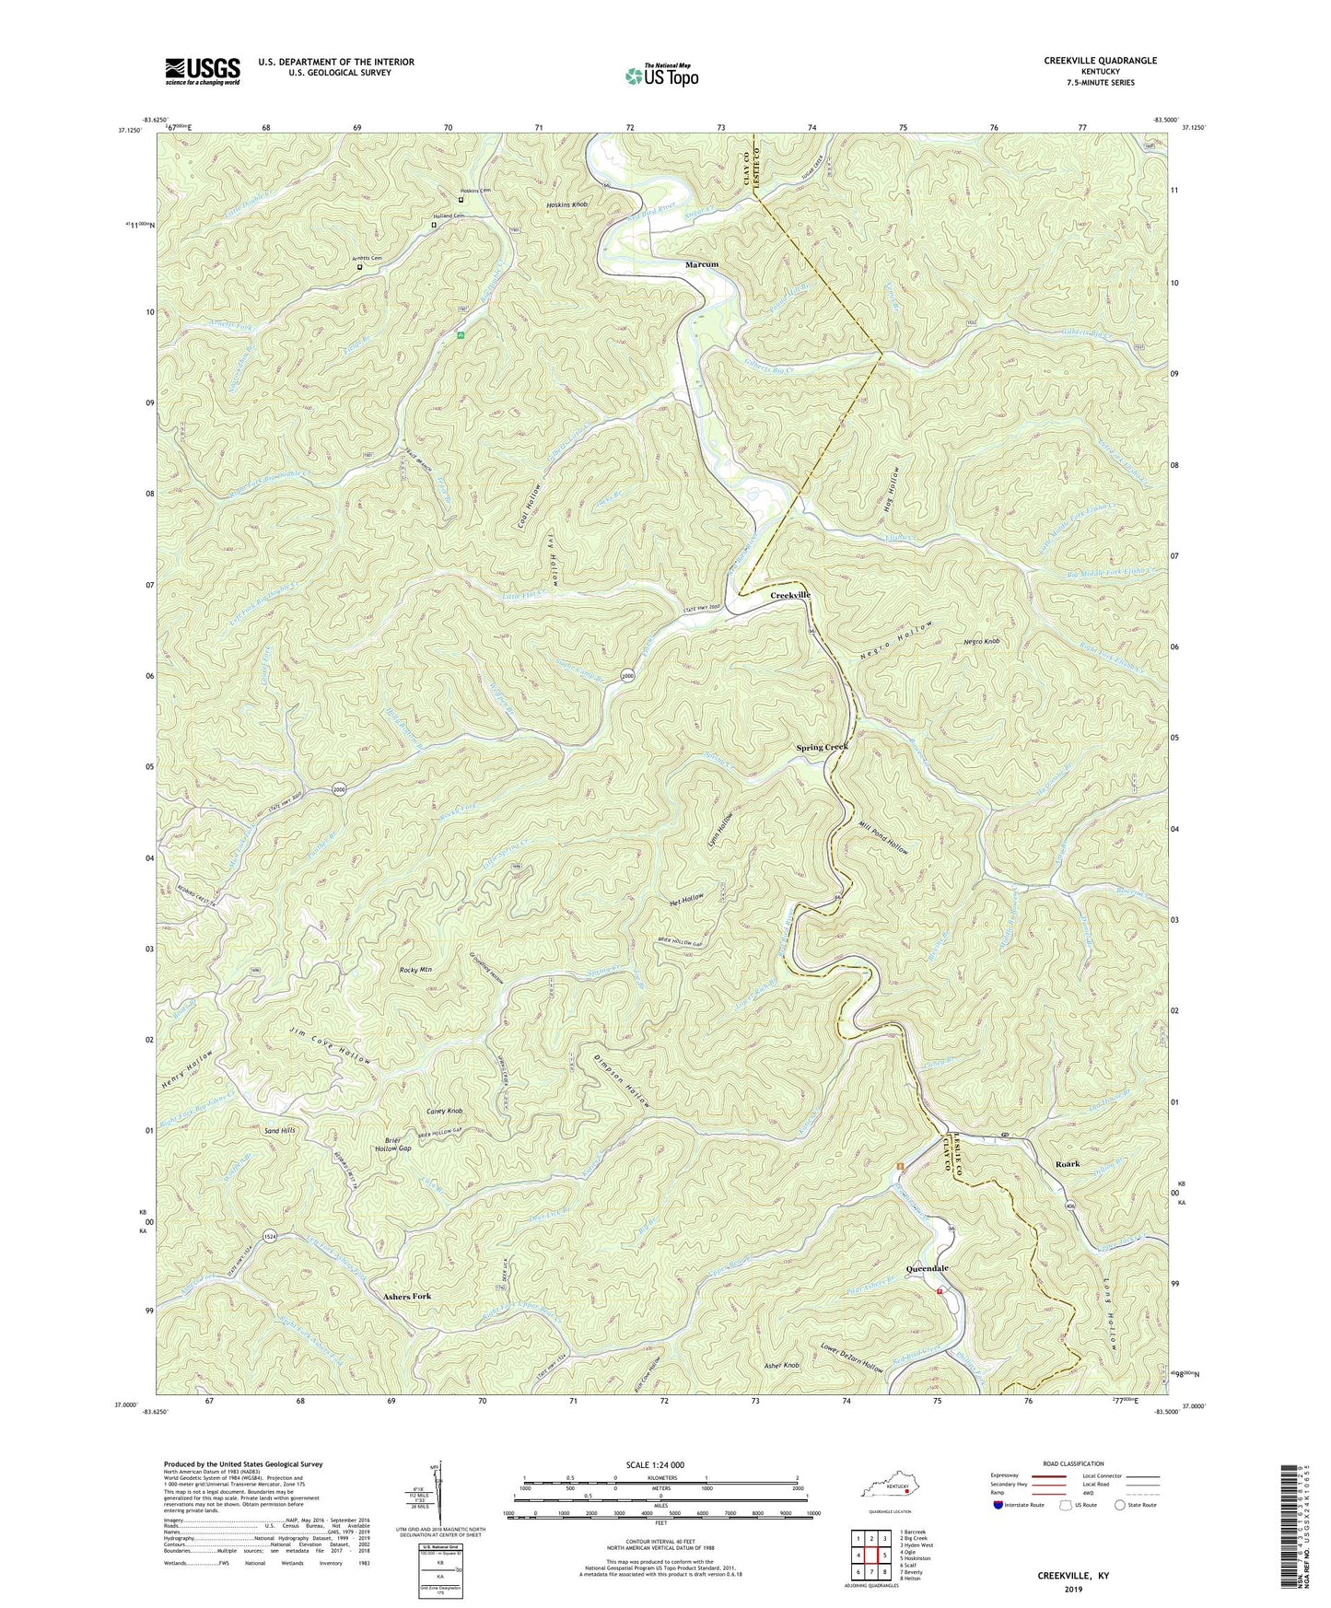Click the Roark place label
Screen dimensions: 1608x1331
click(1068, 1164)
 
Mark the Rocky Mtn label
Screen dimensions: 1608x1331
click(415, 970)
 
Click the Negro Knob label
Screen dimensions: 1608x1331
click(979, 641)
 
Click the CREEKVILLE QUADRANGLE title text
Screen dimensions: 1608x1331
click(1100, 61)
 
